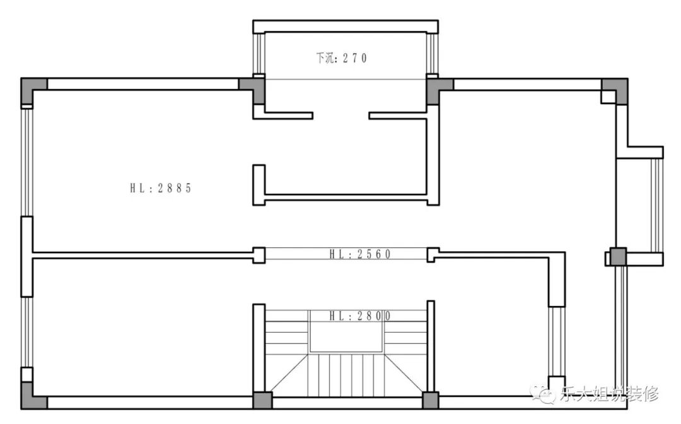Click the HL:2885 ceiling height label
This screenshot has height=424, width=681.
pyautogui.click(x=161, y=188)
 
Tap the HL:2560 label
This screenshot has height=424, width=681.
pyautogui.click(x=360, y=254)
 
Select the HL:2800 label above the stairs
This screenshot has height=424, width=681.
pyautogui.click(x=360, y=316)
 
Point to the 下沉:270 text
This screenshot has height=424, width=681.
pyautogui.click(x=341, y=58)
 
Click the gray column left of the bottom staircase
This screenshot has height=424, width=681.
pyautogui.click(x=263, y=401)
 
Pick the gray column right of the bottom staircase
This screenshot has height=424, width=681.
pyautogui.click(x=431, y=401)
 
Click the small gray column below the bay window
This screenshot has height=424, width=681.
pyautogui.click(x=618, y=256)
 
